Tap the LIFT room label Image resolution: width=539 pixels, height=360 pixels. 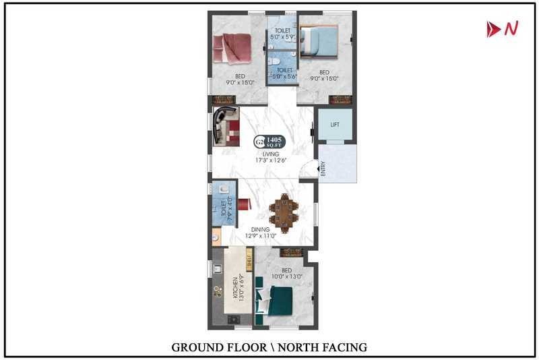coord(335,125)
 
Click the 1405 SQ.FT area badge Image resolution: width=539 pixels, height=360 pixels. coord(271,142)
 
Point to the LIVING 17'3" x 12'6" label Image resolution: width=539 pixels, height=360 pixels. coord(272,157)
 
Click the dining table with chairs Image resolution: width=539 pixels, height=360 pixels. coord(283,213)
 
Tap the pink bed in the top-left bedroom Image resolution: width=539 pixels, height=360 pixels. coord(232,49)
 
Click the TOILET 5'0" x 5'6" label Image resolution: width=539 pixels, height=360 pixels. coord(284,73)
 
